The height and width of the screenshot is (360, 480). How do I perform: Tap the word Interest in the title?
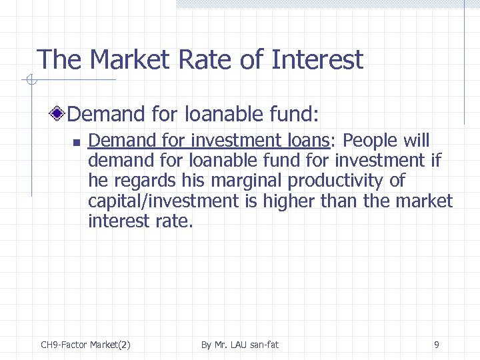point(317,60)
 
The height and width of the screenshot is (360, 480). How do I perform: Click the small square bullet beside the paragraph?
point(76,142)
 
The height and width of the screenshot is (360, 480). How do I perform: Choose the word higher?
point(288,201)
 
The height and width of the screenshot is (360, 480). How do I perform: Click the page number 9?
point(436,345)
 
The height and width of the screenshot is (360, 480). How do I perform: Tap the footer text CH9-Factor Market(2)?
point(85,345)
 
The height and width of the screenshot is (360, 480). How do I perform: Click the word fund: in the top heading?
point(291,114)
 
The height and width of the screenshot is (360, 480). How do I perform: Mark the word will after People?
point(416,141)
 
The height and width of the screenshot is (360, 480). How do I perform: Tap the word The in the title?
point(59,60)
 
